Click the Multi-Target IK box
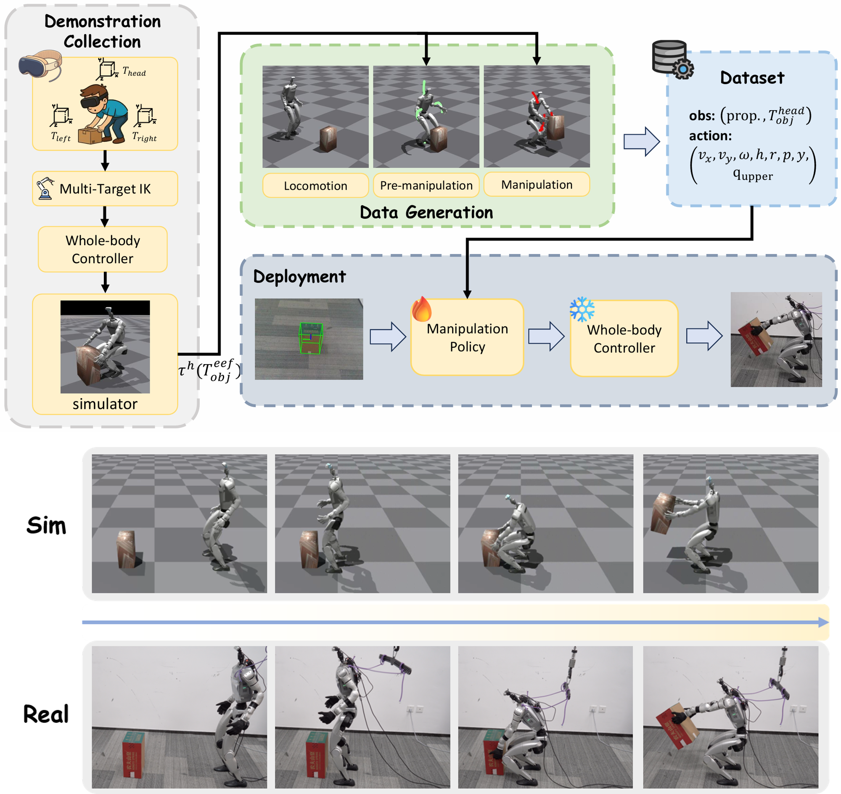point(105,189)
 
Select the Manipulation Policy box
point(467,338)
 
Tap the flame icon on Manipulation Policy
point(422,310)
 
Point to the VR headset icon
point(40,64)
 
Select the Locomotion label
point(315,186)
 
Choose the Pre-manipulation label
point(426,185)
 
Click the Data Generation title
point(426,212)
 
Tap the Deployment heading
point(299,277)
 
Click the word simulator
point(105,404)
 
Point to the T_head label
point(134,71)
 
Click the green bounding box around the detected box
point(311,338)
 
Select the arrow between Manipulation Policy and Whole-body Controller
point(546,336)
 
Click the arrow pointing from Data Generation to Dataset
point(642,141)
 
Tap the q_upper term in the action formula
point(753,175)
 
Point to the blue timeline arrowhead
point(823,622)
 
